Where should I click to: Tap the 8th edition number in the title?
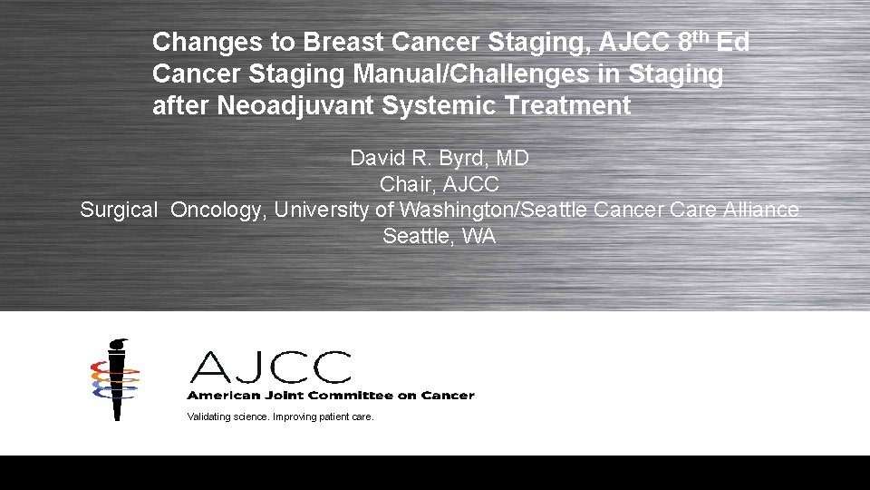pos(693,41)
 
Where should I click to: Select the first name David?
pos(378,158)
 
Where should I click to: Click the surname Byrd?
pos(461,158)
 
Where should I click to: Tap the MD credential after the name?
pos(512,158)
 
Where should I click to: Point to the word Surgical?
pos(118,211)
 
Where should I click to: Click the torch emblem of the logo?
pos(115,378)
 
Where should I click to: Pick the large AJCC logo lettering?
pos(270,367)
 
